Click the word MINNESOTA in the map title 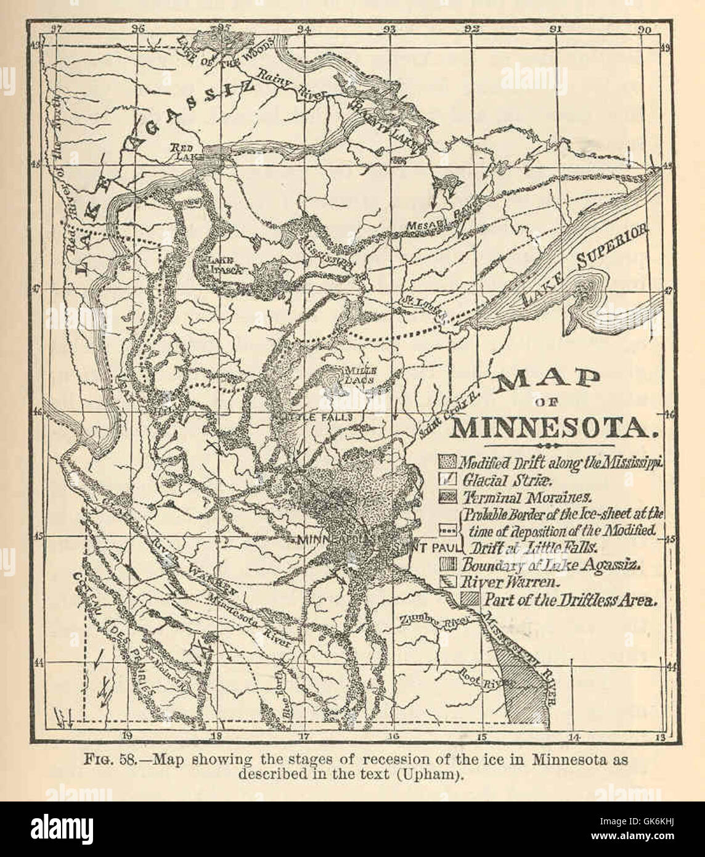(550, 427)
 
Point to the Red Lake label (183, 152)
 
